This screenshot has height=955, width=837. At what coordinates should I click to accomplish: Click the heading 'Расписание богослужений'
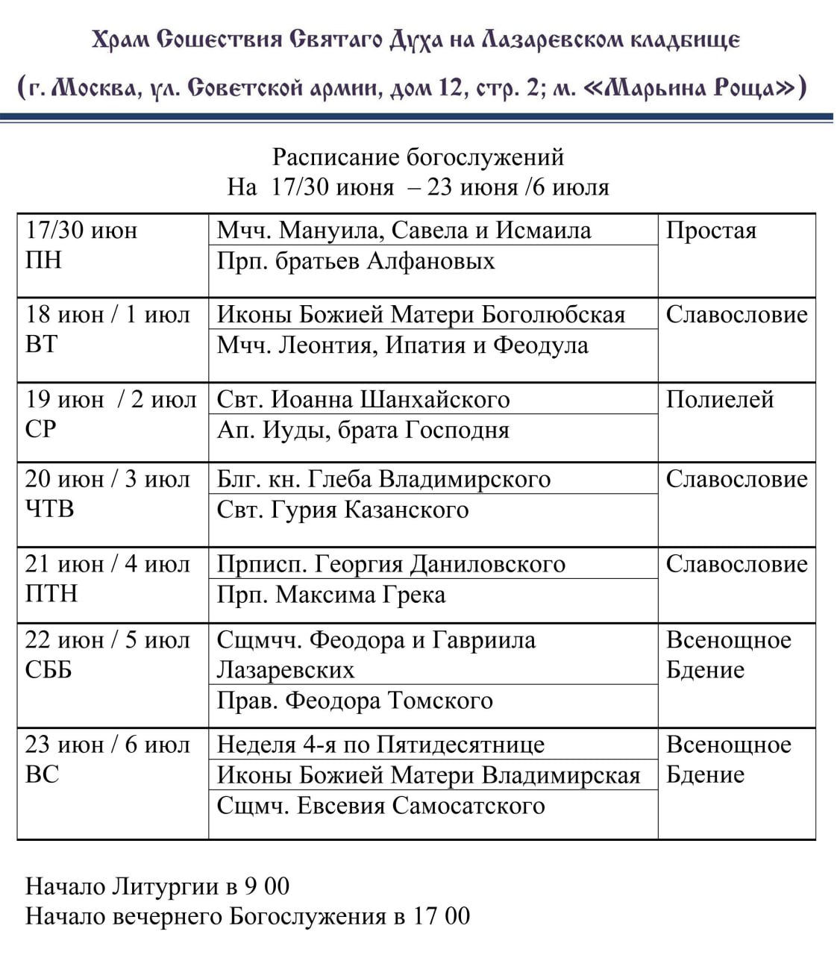click(x=418, y=157)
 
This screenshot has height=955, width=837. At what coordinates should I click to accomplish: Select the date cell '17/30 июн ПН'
click(x=81, y=245)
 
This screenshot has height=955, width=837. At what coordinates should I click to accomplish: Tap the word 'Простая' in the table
click(x=711, y=231)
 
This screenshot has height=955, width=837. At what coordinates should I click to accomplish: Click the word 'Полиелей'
click(x=719, y=400)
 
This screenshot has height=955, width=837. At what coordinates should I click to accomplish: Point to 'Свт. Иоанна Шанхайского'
click(x=363, y=400)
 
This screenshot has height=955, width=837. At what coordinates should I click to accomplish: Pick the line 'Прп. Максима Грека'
click(x=330, y=595)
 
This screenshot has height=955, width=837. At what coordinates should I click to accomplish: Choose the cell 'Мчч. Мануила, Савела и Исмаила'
click(x=404, y=231)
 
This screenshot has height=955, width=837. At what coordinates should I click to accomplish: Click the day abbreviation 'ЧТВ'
click(x=49, y=509)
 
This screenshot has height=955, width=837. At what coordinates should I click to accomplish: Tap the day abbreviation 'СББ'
click(x=48, y=670)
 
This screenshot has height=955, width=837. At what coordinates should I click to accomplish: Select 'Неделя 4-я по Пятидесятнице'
click(x=380, y=745)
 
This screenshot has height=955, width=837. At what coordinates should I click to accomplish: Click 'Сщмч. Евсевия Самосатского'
click(x=380, y=806)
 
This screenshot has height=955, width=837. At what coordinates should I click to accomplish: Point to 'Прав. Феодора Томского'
click(x=354, y=701)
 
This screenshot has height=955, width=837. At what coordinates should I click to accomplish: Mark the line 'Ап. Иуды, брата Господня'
click(x=363, y=430)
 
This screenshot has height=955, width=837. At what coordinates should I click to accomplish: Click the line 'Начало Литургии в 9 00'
click(x=157, y=886)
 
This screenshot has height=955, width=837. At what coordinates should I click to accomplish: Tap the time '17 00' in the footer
click(x=442, y=916)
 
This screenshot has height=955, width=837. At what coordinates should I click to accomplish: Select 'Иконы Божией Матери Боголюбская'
click(x=421, y=315)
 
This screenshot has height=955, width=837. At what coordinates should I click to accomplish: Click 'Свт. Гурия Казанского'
click(x=342, y=510)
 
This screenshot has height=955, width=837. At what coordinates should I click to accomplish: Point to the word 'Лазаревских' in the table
click(x=285, y=670)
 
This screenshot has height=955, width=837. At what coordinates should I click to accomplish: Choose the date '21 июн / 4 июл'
click(x=107, y=564)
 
